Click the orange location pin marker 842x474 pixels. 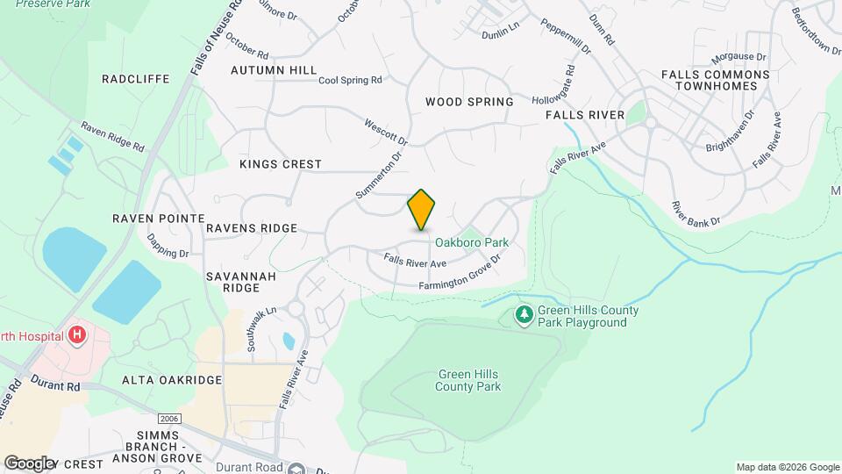click(x=422, y=210)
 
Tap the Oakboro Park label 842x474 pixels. click(x=472, y=242)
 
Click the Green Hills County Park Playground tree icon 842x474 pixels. click(x=524, y=313)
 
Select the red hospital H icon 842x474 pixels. click(x=77, y=334)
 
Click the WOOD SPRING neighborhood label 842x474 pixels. click(x=469, y=102)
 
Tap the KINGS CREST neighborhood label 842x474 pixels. click(x=281, y=164)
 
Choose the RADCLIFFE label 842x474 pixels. click(x=135, y=78)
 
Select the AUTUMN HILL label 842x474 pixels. click(x=274, y=69)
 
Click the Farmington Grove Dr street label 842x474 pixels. click(x=459, y=274)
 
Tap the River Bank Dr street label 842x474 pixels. click(x=696, y=213)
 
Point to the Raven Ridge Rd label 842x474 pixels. click(x=112, y=136)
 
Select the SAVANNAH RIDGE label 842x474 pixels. click(x=233, y=281)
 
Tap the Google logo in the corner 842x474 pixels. click(x=29, y=463)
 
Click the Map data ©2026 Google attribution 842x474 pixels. click(x=787, y=466)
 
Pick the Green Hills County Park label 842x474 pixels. click(x=468, y=380)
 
